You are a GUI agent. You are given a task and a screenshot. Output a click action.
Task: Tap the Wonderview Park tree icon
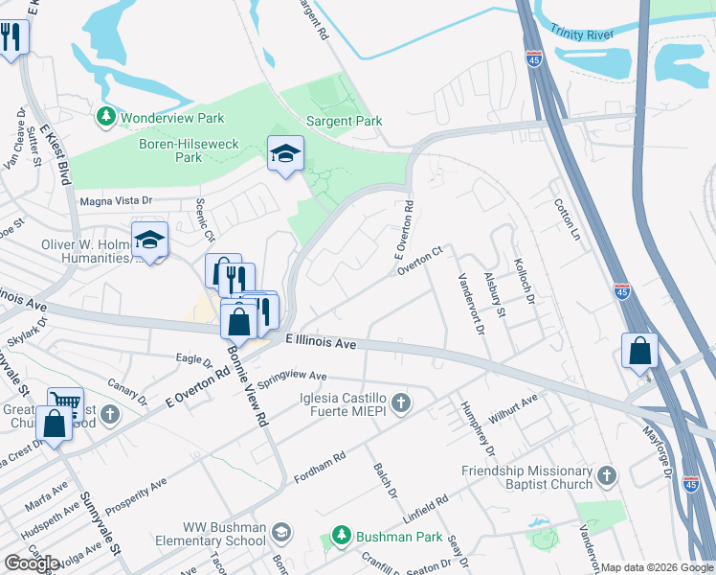[105, 118]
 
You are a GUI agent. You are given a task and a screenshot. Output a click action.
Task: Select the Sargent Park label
[344, 121]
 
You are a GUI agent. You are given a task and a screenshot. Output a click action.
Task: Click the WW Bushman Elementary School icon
[280, 530]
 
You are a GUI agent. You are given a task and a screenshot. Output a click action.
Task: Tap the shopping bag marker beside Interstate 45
[638, 351]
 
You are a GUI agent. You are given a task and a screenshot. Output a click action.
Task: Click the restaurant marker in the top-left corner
[11, 37]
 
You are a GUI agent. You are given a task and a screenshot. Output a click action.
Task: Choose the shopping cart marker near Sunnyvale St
[64, 404]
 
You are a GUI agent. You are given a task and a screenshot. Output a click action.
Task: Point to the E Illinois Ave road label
[321, 341]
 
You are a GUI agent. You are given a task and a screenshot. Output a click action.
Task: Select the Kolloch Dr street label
[523, 273]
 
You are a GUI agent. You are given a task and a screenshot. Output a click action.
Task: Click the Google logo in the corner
[32, 563]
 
